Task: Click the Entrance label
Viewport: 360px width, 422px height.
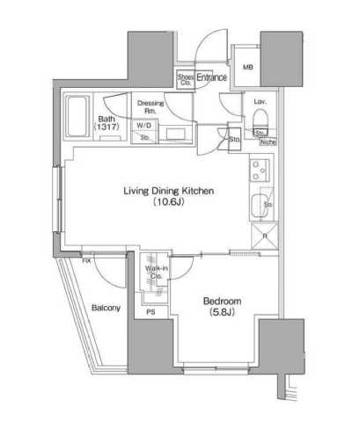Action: pos(212,78)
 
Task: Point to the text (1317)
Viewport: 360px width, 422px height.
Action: pos(107,128)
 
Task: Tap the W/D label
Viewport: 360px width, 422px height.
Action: pos(143,125)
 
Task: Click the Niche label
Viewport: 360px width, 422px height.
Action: pos(268,141)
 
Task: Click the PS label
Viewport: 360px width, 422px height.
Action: pos(151,311)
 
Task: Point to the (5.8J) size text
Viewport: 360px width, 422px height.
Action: pos(224,312)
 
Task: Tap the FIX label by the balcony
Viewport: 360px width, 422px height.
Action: pos(87,260)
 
